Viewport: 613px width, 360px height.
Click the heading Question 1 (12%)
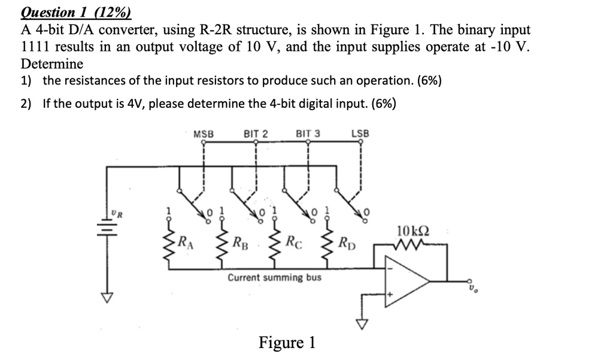[76, 12]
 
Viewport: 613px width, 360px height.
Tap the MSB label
[204, 134]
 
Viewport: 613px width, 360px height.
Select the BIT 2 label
[256, 134]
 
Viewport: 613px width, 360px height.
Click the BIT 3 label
[308, 134]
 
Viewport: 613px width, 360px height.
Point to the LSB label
[360, 134]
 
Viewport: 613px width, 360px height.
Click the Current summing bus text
[275, 278]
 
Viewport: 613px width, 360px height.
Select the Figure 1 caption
[287, 342]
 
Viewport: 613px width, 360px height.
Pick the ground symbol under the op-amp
[360, 324]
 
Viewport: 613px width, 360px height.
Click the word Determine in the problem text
[52, 63]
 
